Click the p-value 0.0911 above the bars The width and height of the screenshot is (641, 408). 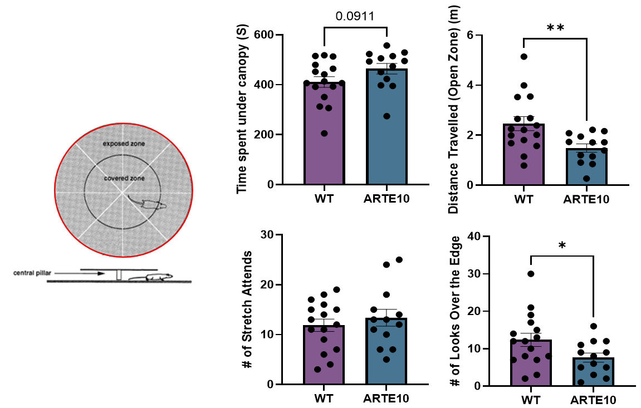pyautogui.click(x=355, y=16)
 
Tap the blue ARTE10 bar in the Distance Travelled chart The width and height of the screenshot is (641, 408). pyautogui.click(x=586, y=167)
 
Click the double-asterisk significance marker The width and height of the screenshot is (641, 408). pyautogui.click(x=555, y=28)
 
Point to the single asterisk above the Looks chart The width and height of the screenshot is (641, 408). pyautogui.click(x=562, y=245)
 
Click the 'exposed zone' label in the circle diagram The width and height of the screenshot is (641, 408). pyautogui.click(x=124, y=144)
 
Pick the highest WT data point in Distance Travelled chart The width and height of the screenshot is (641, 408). pyautogui.click(x=524, y=57)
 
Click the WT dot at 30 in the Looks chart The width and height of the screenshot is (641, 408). pyautogui.click(x=531, y=274)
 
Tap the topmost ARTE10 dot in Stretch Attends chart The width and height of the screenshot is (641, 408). pyautogui.click(x=399, y=260)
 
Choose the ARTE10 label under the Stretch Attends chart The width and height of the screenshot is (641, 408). pyautogui.click(x=385, y=399)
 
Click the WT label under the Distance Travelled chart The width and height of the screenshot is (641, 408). pyautogui.click(x=523, y=199)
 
